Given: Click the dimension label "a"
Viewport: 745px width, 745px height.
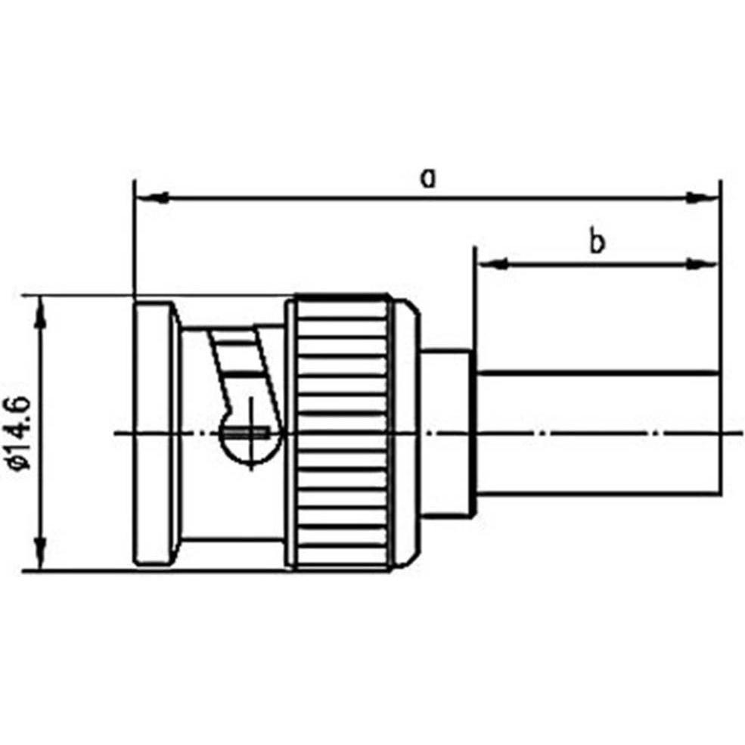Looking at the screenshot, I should pyautogui.click(x=429, y=178).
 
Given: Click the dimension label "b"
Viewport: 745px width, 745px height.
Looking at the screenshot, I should pyautogui.click(x=598, y=243).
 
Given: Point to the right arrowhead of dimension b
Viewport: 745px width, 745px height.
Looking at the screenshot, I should pyautogui.click(x=703, y=264).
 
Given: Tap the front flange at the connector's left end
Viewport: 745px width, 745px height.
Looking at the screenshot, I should pyautogui.click(x=154, y=433).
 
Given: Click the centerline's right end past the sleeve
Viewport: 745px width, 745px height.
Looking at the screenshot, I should pyautogui.click(x=734, y=433).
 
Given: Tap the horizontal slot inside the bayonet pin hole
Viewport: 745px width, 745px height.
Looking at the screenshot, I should pyautogui.click(x=250, y=433).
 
